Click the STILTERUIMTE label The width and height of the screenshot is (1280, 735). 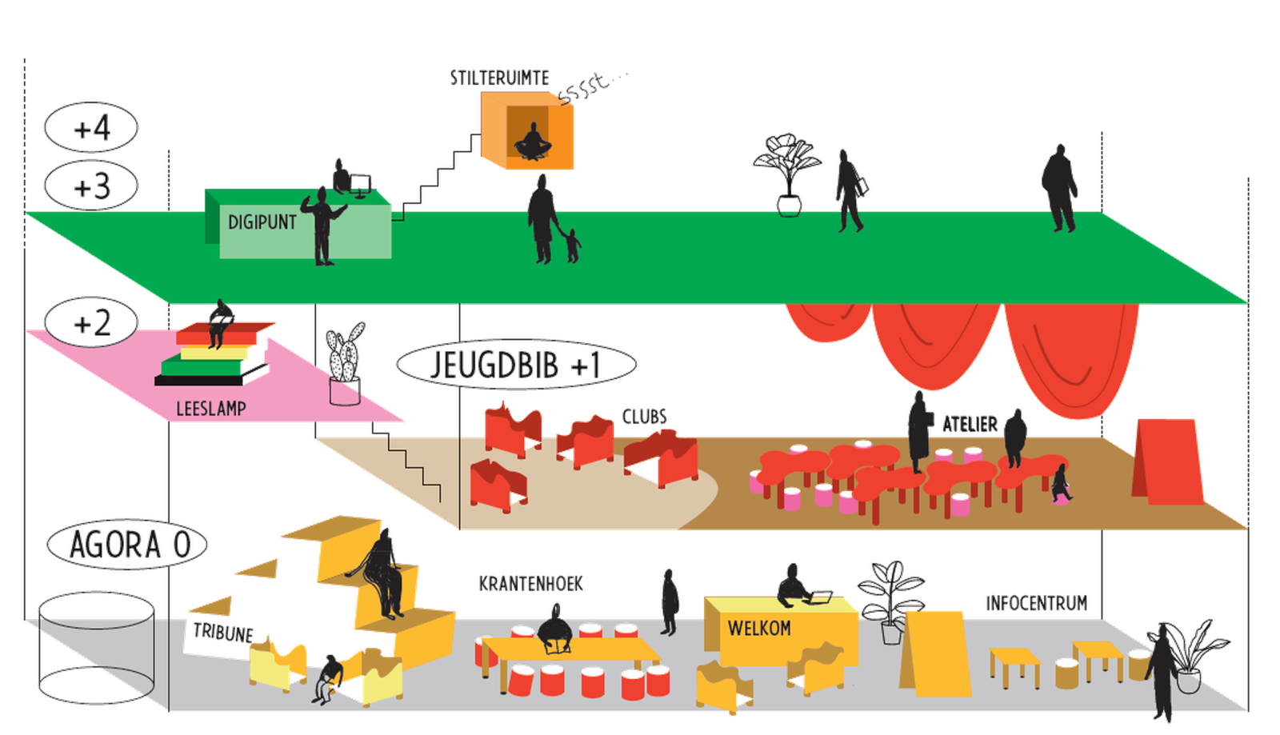click(x=499, y=78)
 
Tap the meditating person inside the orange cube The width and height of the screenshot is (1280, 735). click(x=533, y=142)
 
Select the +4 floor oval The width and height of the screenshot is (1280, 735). click(x=91, y=127)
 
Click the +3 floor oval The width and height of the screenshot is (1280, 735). click(x=91, y=186)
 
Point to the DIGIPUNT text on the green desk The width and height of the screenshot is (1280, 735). click(x=262, y=222)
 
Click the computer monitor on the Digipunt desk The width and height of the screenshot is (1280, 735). click(x=360, y=186)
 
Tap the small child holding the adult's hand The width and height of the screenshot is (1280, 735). click(x=572, y=246)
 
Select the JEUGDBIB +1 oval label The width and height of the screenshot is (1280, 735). click(x=516, y=365)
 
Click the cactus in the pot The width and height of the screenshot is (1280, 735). click(x=345, y=352)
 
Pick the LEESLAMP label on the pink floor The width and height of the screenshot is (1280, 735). click(x=211, y=409)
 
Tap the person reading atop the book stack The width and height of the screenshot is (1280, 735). click(x=219, y=323)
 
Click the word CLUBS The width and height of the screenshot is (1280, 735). click(x=645, y=417)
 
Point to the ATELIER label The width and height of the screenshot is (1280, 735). click(x=970, y=425)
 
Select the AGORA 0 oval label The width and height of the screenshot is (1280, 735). click(x=127, y=545)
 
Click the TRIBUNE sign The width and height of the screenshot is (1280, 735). click(x=223, y=633)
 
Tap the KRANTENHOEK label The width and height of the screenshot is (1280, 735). click(x=531, y=584)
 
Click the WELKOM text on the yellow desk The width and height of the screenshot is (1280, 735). click(x=759, y=629)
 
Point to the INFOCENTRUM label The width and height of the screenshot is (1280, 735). click(x=1037, y=604)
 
